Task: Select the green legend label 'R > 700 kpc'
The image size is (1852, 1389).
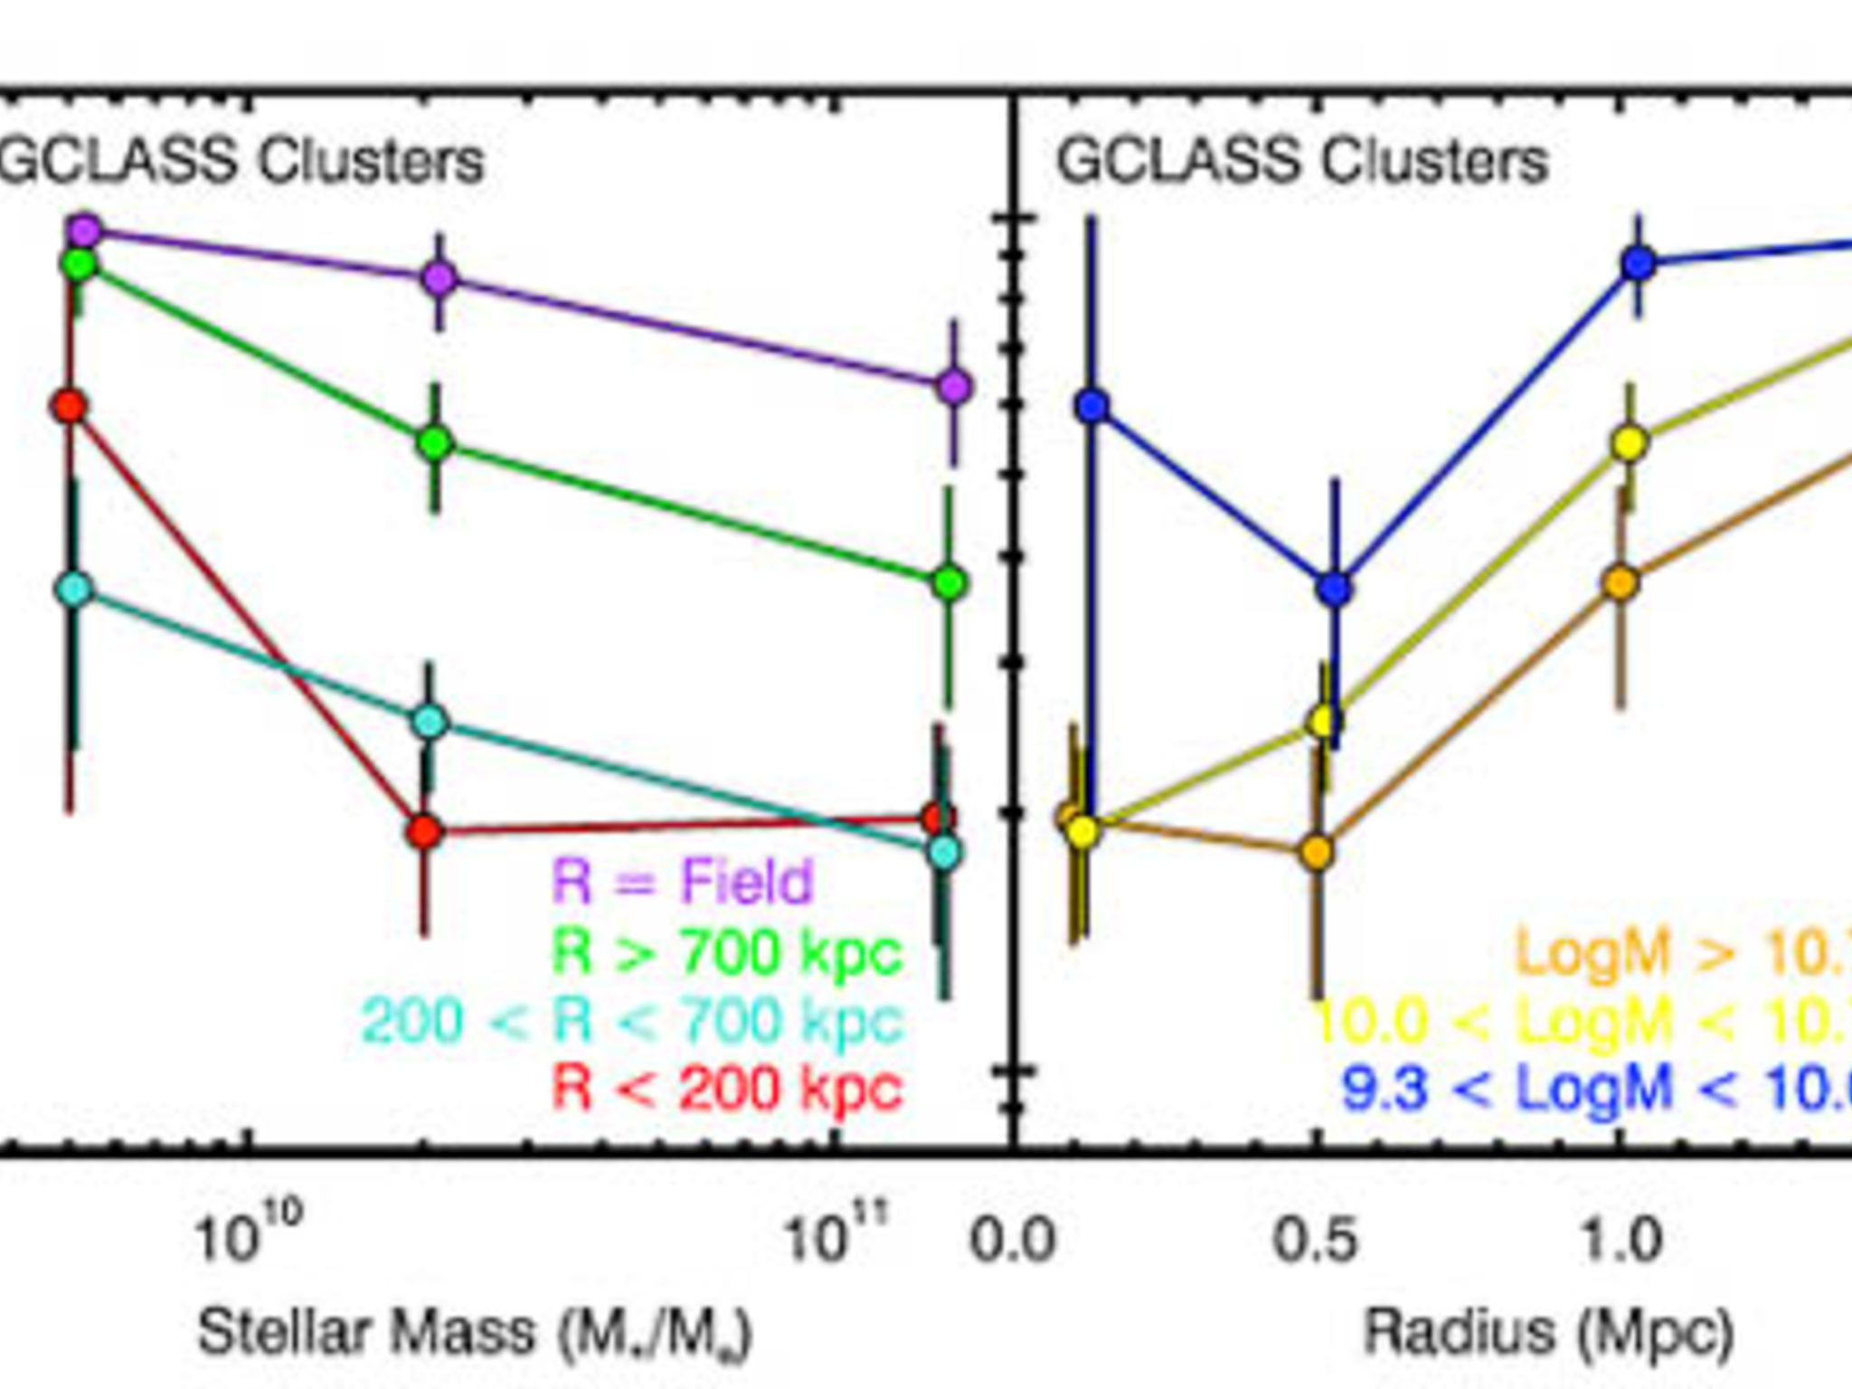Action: pyautogui.click(x=727, y=951)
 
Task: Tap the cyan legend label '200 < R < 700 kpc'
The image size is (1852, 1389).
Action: pyautogui.click(x=632, y=1021)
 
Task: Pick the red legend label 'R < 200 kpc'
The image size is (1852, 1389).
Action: pyautogui.click(x=727, y=1088)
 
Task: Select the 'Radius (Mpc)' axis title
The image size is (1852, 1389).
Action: pyautogui.click(x=1547, y=1332)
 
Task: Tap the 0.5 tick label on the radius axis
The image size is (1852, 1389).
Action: pyautogui.click(x=1316, y=1239)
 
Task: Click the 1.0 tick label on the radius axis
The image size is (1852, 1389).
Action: pyautogui.click(x=1621, y=1239)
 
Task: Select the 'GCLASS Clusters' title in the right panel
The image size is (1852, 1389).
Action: pyautogui.click(x=1302, y=162)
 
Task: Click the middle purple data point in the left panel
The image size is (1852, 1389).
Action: pyautogui.click(x=439, y=278)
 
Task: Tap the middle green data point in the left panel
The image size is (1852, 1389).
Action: pyautogui.click(x=435, y=443)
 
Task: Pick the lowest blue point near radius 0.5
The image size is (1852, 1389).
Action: pyautogui.click(x=1335, y=589)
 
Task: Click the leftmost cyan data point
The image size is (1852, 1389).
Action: pyautogui.click(x=75, y=589)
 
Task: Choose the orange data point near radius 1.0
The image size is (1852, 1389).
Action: pyautogui.click(x=1621, y=583)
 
